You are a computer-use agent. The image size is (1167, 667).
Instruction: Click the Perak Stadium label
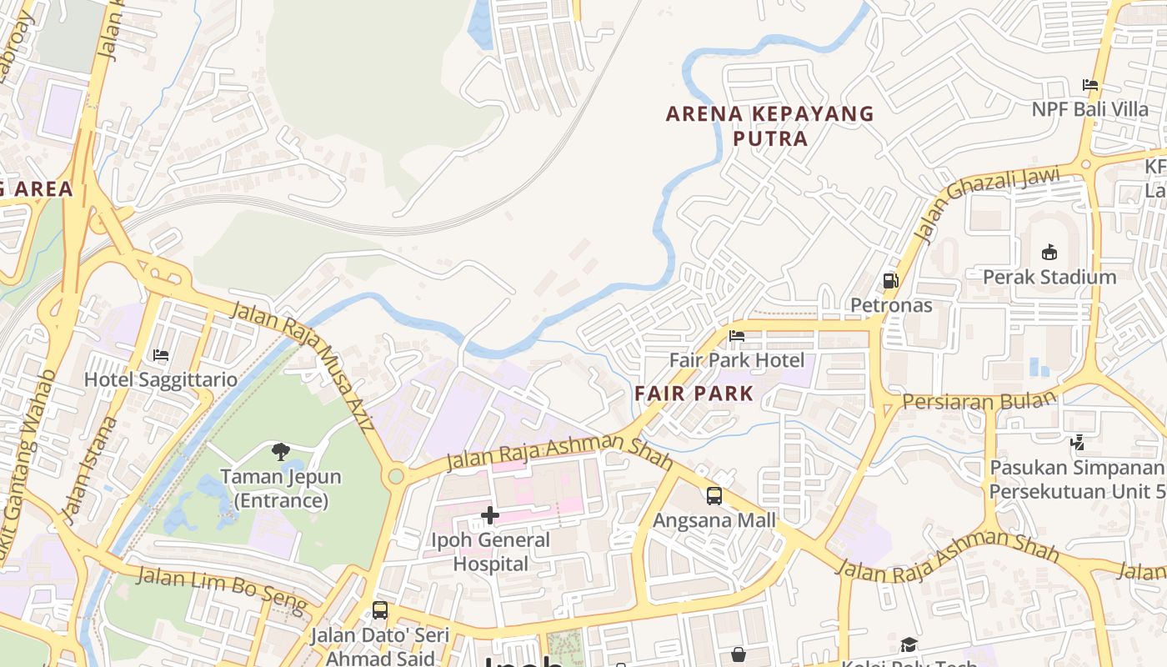pyautogui.click(x=1049, y=277)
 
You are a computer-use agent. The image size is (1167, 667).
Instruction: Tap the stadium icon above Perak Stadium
pyautogui.click(x=1049, y=252)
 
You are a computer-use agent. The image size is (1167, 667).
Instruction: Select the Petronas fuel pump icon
pyautogui.click(x=891, y=281)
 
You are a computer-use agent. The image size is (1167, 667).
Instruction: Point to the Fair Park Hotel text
pyautogui.click(x=737, y=360)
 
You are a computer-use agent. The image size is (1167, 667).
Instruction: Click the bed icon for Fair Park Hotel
pyautogui.click(x=737, y=336)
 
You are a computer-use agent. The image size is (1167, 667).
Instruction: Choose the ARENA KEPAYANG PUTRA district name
pyautogui.click(x=770, y=126)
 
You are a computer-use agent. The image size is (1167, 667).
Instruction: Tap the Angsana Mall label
pyautogui.click(x=714, y=520)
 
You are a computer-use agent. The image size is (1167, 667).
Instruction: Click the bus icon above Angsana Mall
pyautogui.click(x=714, y=496)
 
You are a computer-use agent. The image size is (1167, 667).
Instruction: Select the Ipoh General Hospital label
pyautogui.click(x=490, y=552)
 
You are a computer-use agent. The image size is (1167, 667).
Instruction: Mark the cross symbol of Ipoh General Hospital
pyautogui.click(x=490, y=516)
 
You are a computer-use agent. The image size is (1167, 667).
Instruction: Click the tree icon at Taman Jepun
pyautogui.click(x=281, y=452)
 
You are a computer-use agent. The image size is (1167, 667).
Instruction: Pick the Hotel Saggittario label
pyautogui.click(x=161, y=379)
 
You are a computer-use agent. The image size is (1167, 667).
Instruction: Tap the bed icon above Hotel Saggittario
pyautogui.click(x=161, y=355)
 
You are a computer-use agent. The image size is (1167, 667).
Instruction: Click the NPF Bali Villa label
pyautogui.click(x=1089, y=109)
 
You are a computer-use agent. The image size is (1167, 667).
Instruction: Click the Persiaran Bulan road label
pyautogui.click(x=979, y=401)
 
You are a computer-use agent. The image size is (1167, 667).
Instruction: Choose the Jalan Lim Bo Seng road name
pyautogui.click(x=221, y=587)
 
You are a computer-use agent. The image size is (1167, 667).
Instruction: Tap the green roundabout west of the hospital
pyautogui.click(x=396, y=476)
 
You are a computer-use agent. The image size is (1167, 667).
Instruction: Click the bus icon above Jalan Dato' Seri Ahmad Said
pyautogui.click(x=380, y=610)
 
